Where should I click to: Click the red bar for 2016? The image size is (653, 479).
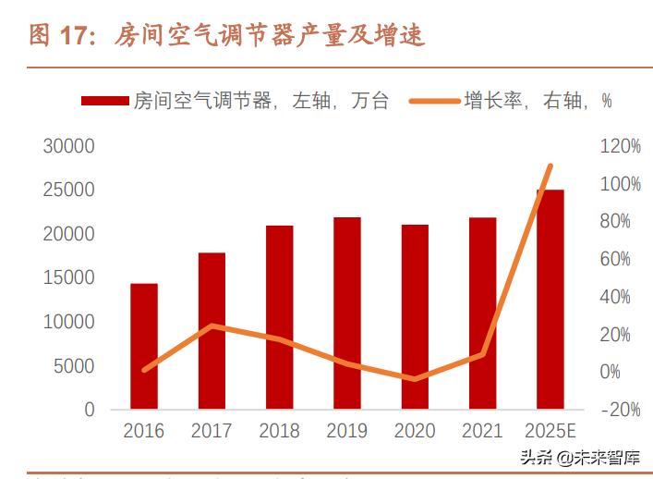point(143,346)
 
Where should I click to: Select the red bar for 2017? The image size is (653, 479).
point(212,330)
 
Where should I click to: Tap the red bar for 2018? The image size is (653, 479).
point(279,316)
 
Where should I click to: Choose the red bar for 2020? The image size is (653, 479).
point(415,316)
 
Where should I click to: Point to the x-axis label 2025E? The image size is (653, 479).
point(550,431)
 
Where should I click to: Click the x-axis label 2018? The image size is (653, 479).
point(279,431)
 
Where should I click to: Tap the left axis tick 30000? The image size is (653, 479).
point(69,146)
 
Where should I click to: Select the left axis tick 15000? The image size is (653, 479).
point(69,277)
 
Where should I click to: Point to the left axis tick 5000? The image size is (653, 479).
point(74,365)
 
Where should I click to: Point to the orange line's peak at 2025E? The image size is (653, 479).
point(550,166)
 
